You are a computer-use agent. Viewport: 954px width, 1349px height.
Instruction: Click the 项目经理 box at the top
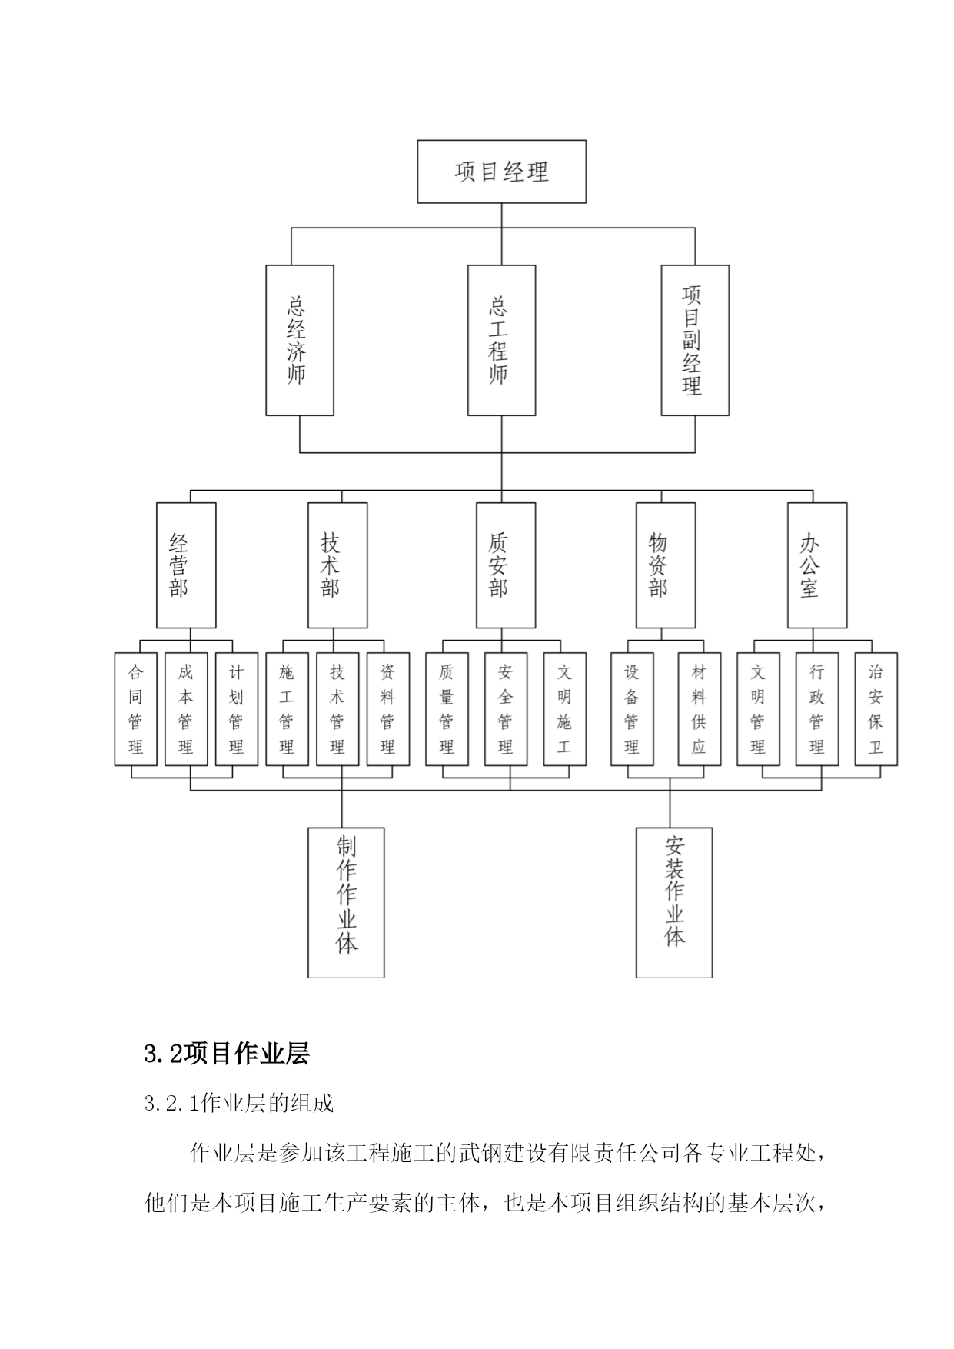click(x=501, y=172)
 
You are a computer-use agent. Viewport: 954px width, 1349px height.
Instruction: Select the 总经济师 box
click(x=300, y=340)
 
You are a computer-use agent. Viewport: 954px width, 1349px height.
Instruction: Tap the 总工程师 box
click(x=502, y=340)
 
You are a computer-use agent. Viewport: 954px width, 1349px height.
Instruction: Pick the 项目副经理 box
click(x=695, y=340)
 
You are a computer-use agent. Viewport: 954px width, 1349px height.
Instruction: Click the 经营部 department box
click(x=186, y=565)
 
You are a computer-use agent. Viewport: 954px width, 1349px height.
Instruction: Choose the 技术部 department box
click(x=337, y=565)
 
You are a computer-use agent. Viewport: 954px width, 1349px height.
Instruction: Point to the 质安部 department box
click(x=506, y=565)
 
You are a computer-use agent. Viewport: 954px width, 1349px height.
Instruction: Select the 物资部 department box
click(x=666, y=565)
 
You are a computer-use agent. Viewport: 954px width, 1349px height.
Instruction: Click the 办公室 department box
click(x=817, y=565)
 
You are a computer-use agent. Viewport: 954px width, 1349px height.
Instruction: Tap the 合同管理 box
click(x=135, y=709)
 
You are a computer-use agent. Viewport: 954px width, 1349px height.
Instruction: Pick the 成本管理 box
click(x=186, y=709)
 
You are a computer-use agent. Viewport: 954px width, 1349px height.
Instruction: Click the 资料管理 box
click(x=388, y=709)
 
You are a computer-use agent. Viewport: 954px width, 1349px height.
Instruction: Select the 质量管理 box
click(x=447, y=709)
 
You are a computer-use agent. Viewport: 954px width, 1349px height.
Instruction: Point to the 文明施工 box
click(x=565, y=709)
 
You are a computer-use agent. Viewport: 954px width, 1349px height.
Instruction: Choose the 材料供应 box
click(x=700, y=709)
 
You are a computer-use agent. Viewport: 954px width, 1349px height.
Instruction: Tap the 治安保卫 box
click(x=876, y=709)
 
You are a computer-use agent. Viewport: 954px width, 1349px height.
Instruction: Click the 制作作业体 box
click(x=346, y=902)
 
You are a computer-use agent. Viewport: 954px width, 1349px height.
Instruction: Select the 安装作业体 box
click(x=674, y=902)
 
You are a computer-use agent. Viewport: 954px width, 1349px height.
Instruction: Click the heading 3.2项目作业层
click(x=227, y=1054)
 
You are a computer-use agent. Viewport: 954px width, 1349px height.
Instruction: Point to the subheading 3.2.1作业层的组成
click(x=239, y=1104)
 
